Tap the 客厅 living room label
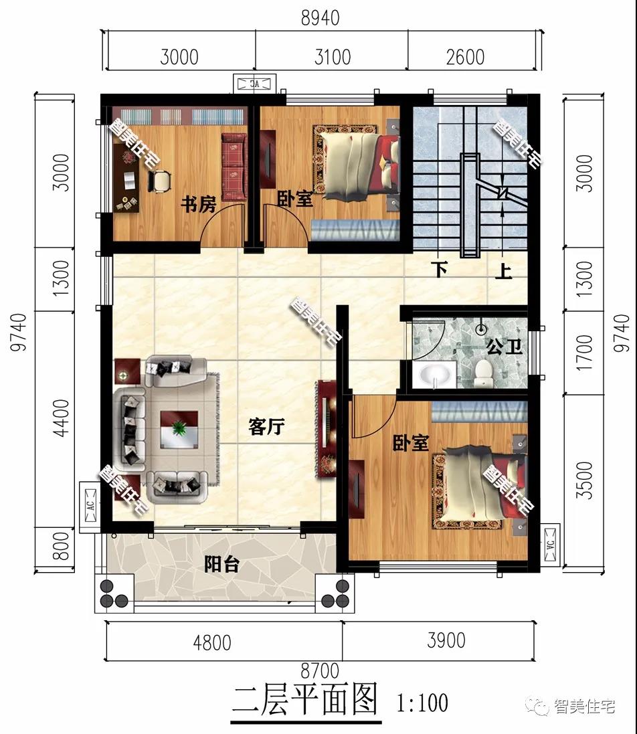pyautogui.click(x=266, y=426)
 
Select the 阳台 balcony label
pyautogui.click(x=221, y=564)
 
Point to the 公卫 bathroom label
pyautogui.click(x=504, y=347)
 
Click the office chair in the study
pyautogui.click(x=160, y=180)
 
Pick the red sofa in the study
pyautogui.click(x=234, y=166)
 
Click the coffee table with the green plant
pyautogui.click(x=179, y=428)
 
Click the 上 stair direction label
pyautogui.click(x=504, y=271)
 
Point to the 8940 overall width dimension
pyautogui.click(x=320, y=18)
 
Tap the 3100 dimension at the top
pyautogui.click(x=333, y=57)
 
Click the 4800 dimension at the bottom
pyautogui.click(x=212, y=643)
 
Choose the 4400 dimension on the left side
pyautogui.click(x=62, y=418)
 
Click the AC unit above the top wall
pyautogui.click(x=254, y=84)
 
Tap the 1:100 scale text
pyautogui.click(x=422, y=702)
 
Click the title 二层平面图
pyautogui.click(x=305, y=701)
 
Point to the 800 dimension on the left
pyautogui.click(x=62, y=545)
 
